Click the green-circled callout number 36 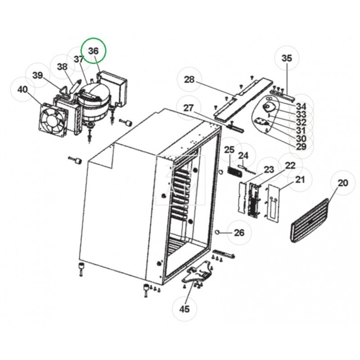(93, 51)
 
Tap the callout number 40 (22, 90)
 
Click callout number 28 (189, 80)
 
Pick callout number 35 (287, 58)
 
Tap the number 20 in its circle (343, 183)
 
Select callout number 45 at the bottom (185, 309)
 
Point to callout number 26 (239, 233)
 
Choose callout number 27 (188, 108)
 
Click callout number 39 (38, 75)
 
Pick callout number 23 (269, 170)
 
